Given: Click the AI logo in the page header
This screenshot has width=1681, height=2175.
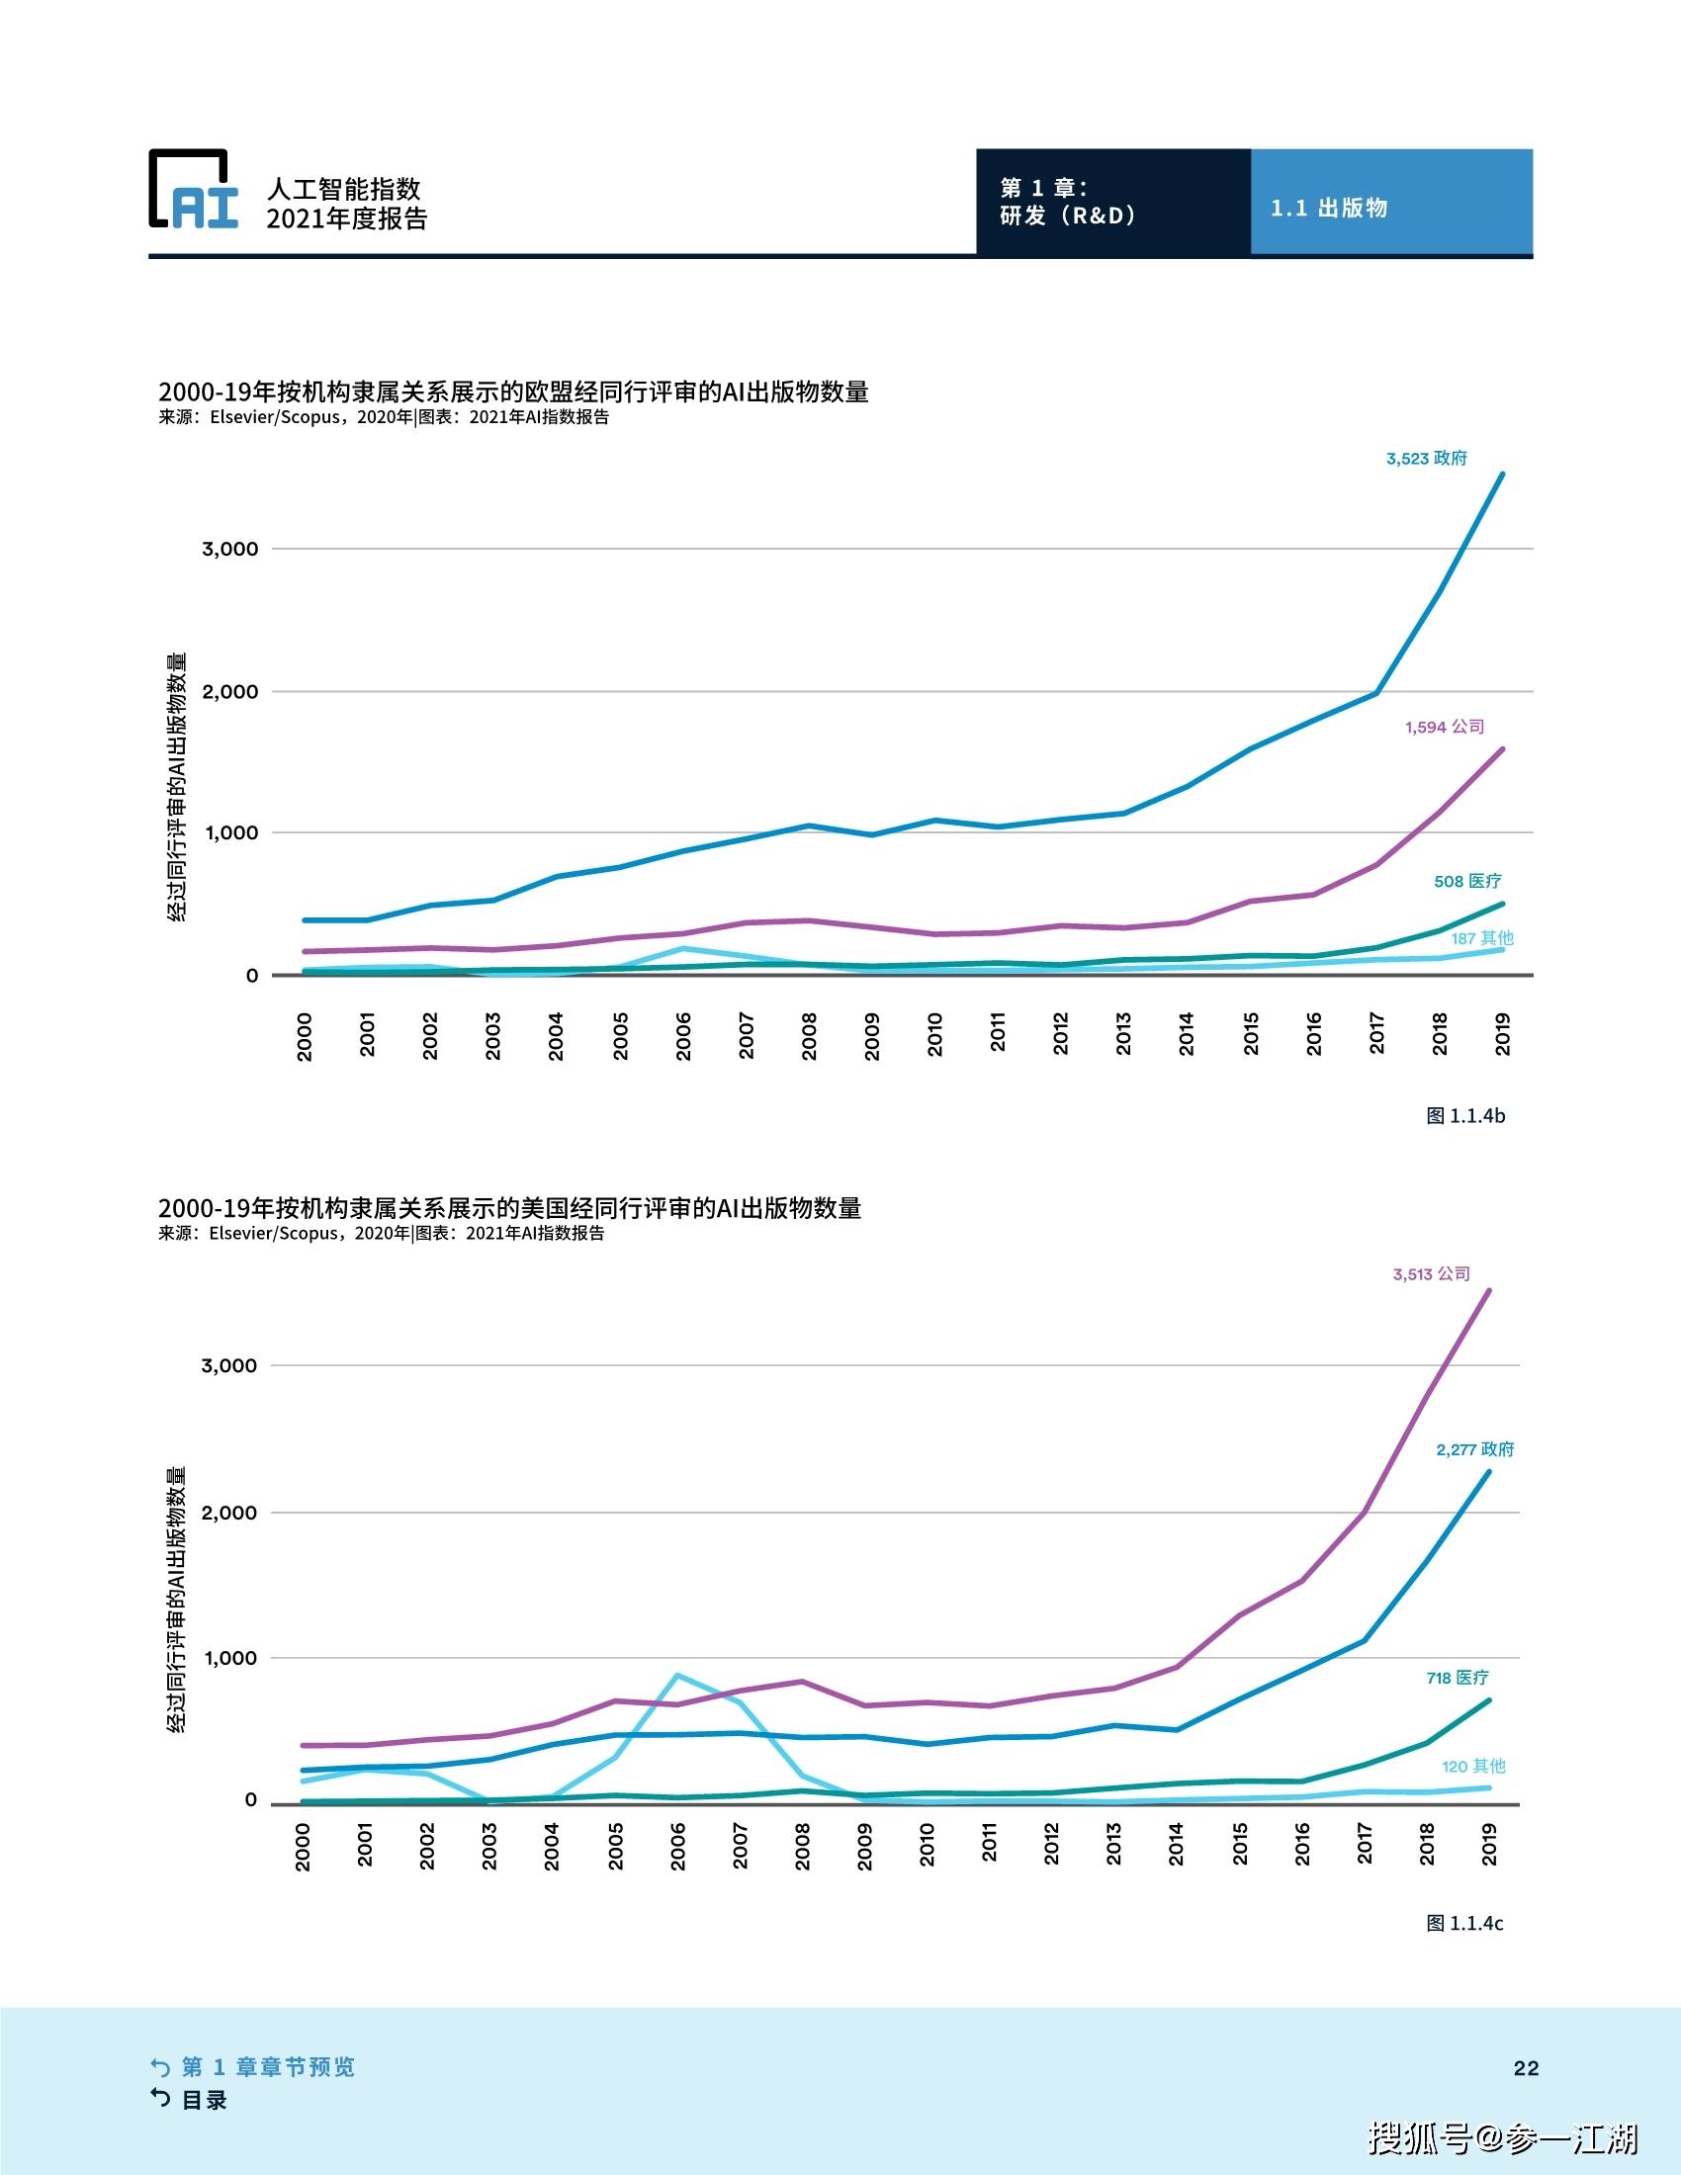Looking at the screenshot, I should coord(194,190).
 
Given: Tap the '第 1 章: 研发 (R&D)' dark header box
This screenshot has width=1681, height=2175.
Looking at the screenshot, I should coord(1112,202).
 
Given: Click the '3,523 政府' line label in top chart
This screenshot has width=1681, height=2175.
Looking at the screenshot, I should coord(1426,459).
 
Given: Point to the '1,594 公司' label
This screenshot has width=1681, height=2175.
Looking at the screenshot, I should coord(1444,727).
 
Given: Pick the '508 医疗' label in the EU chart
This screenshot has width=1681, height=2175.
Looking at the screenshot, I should coord(1466,881).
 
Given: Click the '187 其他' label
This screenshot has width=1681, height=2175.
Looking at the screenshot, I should coord(1482,938).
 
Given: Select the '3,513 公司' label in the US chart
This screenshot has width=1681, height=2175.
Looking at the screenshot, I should coord(1431,1273).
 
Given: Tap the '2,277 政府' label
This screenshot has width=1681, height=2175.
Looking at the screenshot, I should coord(1474,1450).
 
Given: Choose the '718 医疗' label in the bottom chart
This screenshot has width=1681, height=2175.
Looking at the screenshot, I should coord(1457,1678).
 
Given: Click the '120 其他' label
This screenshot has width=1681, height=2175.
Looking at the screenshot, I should coord(1473,1766).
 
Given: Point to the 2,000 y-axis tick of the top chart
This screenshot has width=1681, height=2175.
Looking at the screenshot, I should coord(230,692).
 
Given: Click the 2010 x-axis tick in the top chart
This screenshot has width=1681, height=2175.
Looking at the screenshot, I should coord(934,1035).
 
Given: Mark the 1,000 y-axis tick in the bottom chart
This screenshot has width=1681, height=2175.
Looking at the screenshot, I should coord(229,1658).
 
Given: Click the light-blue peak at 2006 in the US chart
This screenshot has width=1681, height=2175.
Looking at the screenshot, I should coord(678,1675).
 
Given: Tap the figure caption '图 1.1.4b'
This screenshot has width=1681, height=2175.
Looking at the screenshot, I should coord(1464,1115).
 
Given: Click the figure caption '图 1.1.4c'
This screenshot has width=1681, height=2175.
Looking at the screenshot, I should coord(1463,1923).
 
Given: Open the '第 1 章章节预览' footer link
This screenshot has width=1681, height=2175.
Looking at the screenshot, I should coord(267,2066).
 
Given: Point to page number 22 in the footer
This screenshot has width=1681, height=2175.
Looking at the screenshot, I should coord(1526,2068).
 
